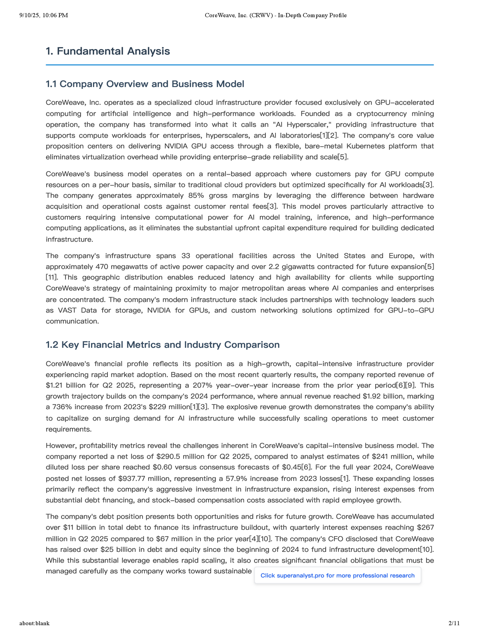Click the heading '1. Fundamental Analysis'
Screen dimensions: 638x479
[x=108, y=51]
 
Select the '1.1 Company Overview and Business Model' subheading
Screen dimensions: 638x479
[x=145, y=84]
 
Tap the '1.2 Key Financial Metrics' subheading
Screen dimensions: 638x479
[x=162, y=345]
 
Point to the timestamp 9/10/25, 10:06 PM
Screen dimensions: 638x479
[x=44, y=16]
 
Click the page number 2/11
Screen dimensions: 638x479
[x=454, y=623]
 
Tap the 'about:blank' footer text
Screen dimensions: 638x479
[x=34, y=623]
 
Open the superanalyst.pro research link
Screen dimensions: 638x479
[x=337, y=575]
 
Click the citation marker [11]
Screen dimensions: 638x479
[x=52, y=278]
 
